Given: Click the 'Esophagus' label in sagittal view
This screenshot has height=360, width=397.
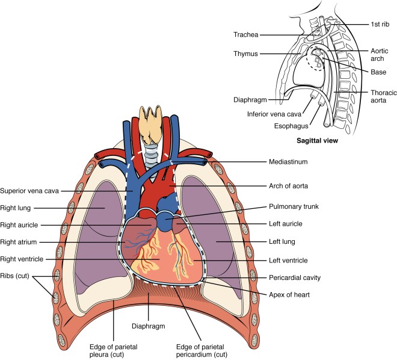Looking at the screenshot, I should tap(288, 126).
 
